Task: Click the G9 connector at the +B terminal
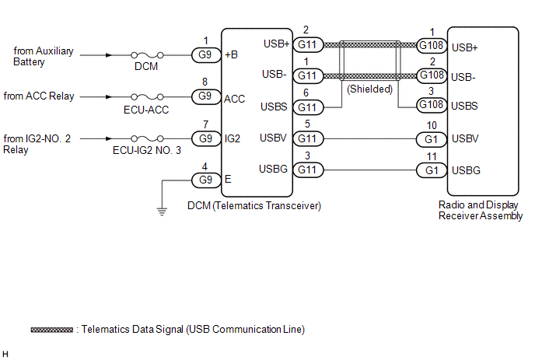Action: coord(206,55)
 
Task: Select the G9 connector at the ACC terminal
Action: coord(206,96)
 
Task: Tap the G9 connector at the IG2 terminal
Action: coord(206,138)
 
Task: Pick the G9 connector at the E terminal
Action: coord(206,180)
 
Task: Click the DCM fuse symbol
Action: coord(147,55)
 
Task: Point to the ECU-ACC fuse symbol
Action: coord(147,97)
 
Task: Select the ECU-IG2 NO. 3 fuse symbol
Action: coord(147,138)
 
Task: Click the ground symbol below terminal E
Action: coord(162,212)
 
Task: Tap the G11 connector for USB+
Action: coord(308,44)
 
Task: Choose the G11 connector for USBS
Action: coord(308,107)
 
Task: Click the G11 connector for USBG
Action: coord(308,170)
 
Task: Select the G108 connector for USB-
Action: coord(432,75)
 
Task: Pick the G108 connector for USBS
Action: coord(432,105)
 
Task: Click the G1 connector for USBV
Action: coord(432,139)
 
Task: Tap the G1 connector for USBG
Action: coord(432,170)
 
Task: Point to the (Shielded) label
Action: coord(370,89)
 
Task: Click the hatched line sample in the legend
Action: coord(52,330)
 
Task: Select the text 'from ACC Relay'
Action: coord(39,96)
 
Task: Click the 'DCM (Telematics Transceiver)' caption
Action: coord(254,206)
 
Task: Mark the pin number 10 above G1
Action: coord(432,126)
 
